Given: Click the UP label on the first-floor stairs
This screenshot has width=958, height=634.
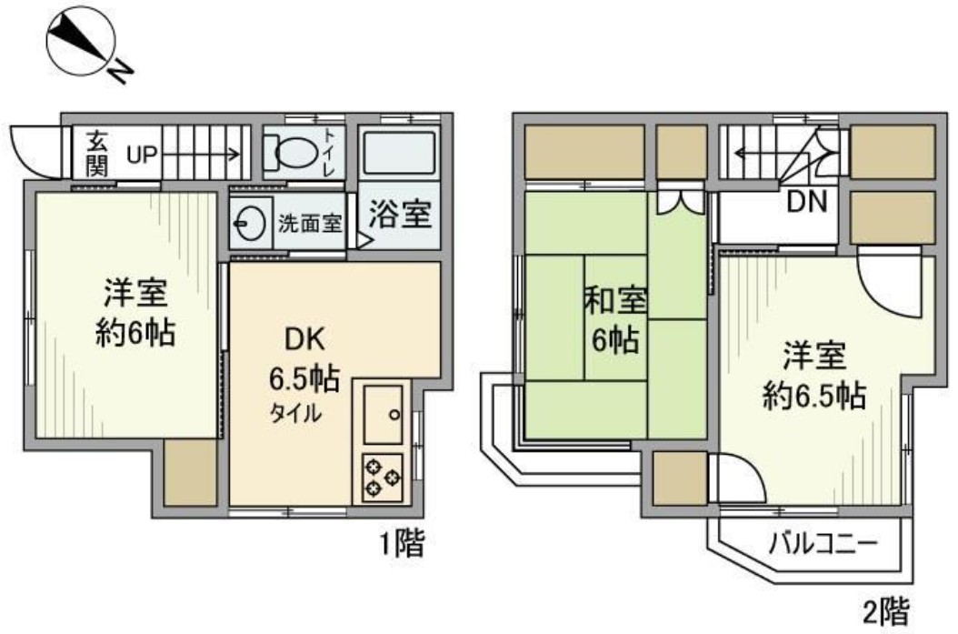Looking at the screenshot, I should (x=142, y=153).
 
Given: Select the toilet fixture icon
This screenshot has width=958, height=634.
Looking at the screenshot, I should (x=290, y=154).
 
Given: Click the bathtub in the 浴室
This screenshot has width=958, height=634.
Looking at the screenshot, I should (x=399, y=153).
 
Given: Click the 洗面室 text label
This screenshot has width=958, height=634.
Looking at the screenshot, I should (x=310, y=223).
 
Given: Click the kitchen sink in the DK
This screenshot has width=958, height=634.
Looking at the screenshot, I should (x=382, y=414).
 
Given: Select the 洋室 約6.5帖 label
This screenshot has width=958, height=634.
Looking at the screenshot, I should (x=813, y=373).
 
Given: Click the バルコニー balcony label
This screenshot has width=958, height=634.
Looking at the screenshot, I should (x=823, y=546).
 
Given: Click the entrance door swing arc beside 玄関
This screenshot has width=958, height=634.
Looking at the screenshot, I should (x=36, y=150).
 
